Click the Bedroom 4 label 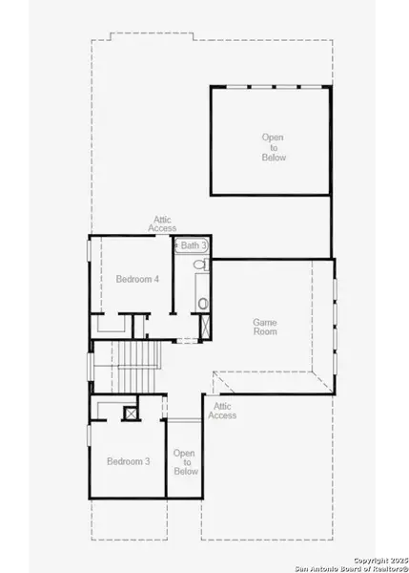point(137,279)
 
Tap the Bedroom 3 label point(128,461)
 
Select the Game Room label point(265,328)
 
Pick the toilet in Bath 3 point(203,305)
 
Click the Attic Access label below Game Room point(222,411)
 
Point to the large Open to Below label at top point(273,147)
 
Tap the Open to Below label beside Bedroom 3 point(185,462)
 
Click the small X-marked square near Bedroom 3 point(130,413)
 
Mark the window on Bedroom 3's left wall point(89,435)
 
